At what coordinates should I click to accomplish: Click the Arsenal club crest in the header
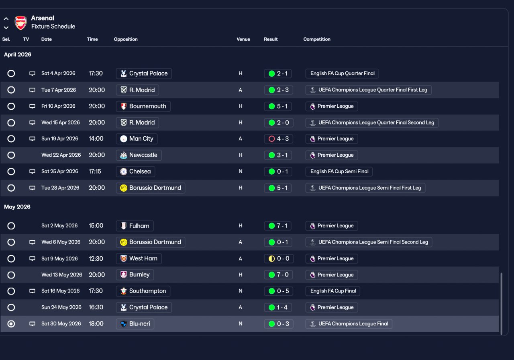[21, 23]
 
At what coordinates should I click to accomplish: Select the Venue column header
[243, 39]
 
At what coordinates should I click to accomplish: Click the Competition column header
[317, 39]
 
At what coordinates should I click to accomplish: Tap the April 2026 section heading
[18, 55]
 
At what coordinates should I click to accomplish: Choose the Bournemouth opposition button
[143, 106]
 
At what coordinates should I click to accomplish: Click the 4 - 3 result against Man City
[278, 139]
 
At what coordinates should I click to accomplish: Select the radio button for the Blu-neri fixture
[11, 324]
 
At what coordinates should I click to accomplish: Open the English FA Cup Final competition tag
[333, 291]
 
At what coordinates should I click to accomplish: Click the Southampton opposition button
[143, 291]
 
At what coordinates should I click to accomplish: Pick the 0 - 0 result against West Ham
[278, 259]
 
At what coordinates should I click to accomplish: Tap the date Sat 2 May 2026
[59, 226]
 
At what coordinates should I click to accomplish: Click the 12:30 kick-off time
[96, 259]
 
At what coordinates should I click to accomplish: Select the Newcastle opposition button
[139, 155]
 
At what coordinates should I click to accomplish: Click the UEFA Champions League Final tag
[349, 324]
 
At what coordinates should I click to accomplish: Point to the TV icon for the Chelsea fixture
[33, 172]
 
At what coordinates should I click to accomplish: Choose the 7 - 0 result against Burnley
[278, 275]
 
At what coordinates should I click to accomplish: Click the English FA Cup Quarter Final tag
[342, 74]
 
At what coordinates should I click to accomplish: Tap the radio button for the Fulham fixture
[11, 226]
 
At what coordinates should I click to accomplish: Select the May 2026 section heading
[17, 207]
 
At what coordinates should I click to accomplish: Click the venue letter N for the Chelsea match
[241, 172]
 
